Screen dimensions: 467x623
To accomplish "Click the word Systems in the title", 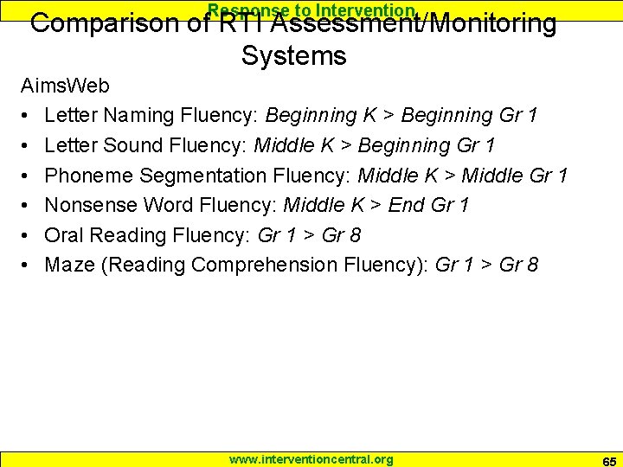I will (293, 56).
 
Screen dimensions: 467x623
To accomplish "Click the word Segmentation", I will (202, 176).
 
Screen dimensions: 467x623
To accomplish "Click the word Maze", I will (69, 265).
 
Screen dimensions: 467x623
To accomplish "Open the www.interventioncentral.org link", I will (311, 459).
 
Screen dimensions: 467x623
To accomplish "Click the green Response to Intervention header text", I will (311, 10).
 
